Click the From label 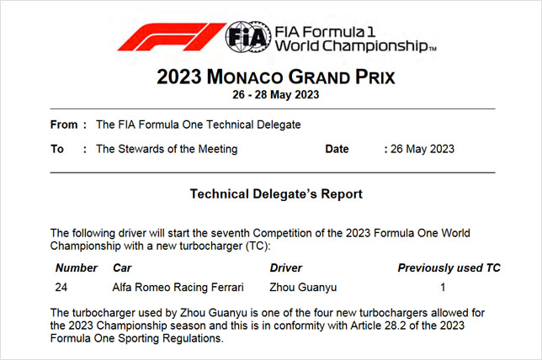point(64,124)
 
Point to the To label point(57,149)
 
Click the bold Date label point(337,149)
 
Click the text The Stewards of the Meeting point(167,149)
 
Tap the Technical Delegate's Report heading point(276,194)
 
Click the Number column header point(77,268)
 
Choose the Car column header point(122,268)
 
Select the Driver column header point(286,268)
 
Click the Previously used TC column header point(449,268)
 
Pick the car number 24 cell point(62,288)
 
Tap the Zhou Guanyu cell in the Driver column point(303,288)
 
